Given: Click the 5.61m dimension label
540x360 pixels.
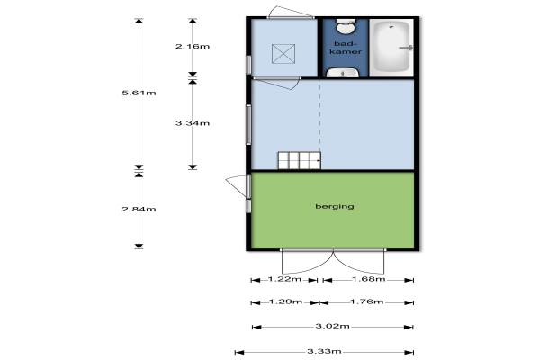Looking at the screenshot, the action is [139, 93].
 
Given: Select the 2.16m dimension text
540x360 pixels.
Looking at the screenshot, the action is [193, 46].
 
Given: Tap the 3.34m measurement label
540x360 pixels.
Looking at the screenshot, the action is [193, 123].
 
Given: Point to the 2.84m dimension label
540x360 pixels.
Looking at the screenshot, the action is [139, 209].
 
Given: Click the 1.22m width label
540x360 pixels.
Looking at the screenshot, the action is [284, 279].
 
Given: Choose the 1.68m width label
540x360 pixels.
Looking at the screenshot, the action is [369, 279].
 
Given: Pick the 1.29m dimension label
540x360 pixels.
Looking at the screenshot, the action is [285, 301].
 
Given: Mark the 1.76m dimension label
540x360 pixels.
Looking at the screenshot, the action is [367, 301].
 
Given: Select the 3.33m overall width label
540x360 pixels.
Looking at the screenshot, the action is [324, 351].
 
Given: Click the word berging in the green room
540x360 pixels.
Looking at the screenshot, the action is [335, 206].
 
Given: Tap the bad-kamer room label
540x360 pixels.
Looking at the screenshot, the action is [346, 48].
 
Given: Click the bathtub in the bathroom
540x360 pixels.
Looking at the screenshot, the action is [391, 48].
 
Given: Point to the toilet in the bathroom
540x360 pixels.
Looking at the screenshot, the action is [346, 26].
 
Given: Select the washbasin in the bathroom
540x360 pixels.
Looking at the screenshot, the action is [343, 72].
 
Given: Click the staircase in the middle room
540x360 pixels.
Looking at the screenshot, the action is [300, 160].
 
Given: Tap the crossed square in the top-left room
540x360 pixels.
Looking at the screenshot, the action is [283, 54].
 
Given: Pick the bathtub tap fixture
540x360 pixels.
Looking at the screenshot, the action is [407, 48].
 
